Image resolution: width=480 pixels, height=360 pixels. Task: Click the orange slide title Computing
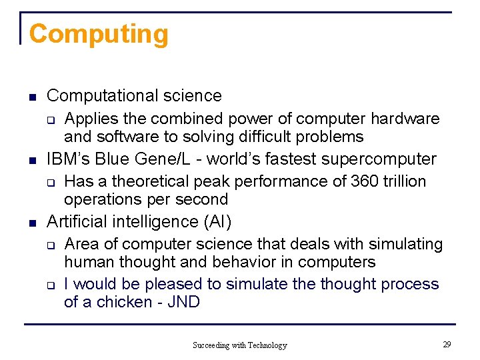99,34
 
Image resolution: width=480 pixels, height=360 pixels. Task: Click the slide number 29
447,344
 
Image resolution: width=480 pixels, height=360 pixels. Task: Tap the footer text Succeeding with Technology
240,345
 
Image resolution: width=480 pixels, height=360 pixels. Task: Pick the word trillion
405,181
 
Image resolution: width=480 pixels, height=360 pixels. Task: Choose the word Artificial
77,221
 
